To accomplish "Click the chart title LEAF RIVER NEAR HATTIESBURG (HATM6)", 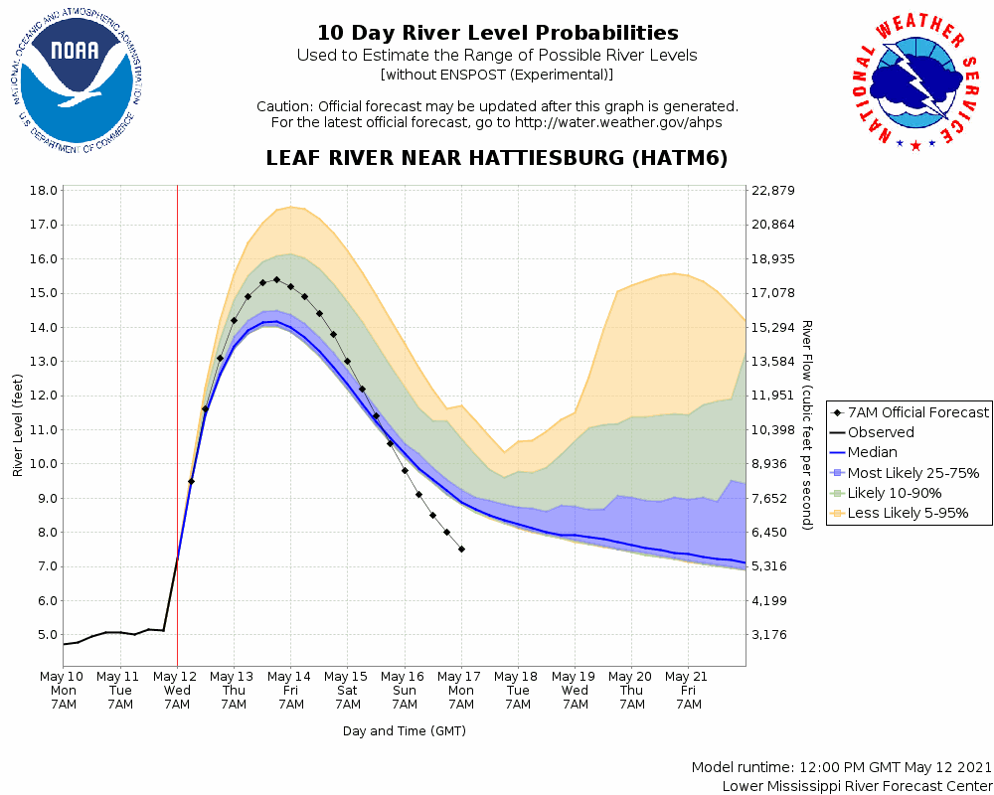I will pyautogui.click(x=497, y=159).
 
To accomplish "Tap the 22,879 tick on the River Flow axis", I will pyautogui.click(x=773, y=190).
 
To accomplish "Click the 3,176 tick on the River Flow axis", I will pyautogui.click(x=771, y=634).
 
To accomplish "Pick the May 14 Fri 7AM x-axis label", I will pyautogui.click(x=290, y=690).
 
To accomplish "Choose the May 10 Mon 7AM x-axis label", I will pyautogui.click(x=63, y=690).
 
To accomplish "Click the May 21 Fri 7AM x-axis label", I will pyautogui.click(x=688, y=690).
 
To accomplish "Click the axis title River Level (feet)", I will pyautogui.click(x=18, y=425).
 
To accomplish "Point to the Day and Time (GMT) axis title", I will pyautogui.click(x=404, y=730).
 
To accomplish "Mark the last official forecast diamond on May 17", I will pyautogui.click(x=461, y=549).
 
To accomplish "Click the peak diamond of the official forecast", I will pyautogui.click(x=276, y=279).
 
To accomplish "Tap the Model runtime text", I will pyautogui.click(x=840, y=768).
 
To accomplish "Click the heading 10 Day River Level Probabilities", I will pyautogui.click(x=497, y=34).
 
